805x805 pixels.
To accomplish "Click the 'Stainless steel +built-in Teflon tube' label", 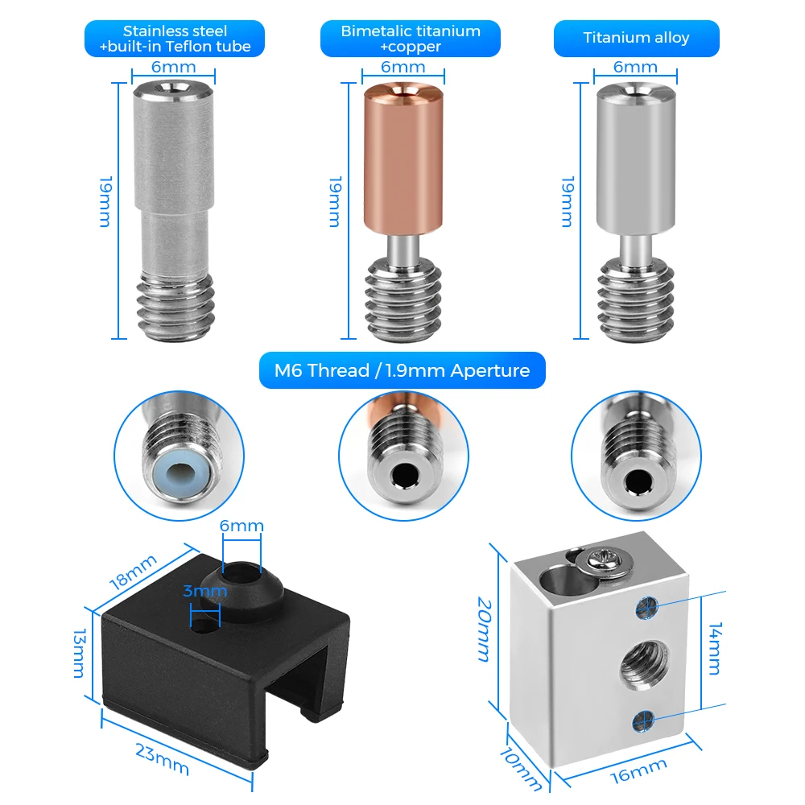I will [x=175, y=39].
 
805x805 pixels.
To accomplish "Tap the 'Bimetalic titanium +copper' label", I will [x=410, y=39].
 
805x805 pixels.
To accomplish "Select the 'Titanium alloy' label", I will [x=636, y=38].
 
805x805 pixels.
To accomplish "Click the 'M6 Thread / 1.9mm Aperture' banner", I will [x=402, y=370].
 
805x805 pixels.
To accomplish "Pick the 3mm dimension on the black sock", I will [x=204, y=591].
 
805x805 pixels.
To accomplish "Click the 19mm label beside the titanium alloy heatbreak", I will [x=566, y=201].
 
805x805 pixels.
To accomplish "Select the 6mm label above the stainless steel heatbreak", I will [x=173, y=67].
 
